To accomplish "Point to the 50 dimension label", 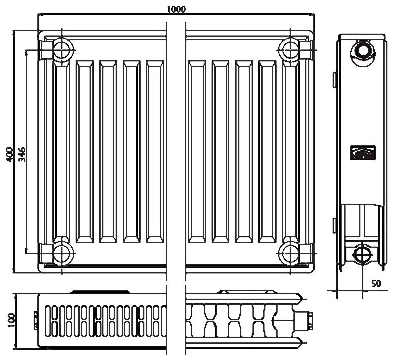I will [376, 283].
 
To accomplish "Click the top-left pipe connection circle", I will [62, 49].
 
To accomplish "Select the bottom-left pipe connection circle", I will [62, 250].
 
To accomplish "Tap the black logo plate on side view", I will [363, 152].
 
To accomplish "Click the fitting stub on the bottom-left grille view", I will [35, 318].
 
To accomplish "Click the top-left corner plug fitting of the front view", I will [46, 49].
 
